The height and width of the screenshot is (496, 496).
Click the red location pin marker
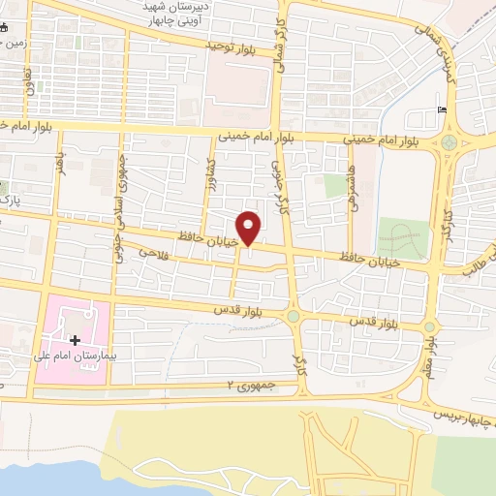click(x=250, y=227)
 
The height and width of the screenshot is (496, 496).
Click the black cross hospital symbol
click(x=75, y=340)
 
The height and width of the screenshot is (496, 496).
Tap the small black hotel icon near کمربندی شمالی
click(x=443, y=109)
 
